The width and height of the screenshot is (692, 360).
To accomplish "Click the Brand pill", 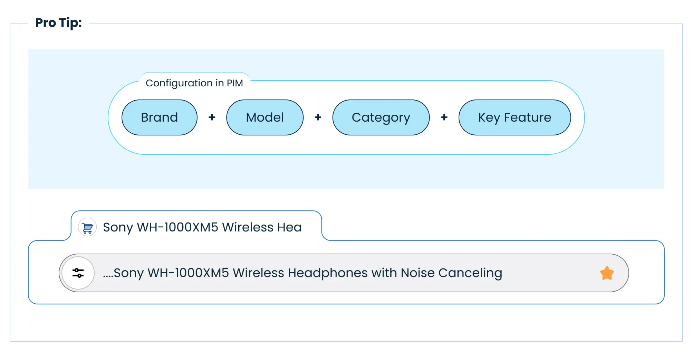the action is click(x=160, y=117).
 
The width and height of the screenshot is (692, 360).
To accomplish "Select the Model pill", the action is click(x=265, y=117).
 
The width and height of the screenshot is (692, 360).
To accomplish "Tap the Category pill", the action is click(x=381, y=117).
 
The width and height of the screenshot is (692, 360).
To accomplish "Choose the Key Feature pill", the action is click(x=515, y=117).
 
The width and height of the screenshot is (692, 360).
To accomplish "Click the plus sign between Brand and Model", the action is click(x=212, y=117).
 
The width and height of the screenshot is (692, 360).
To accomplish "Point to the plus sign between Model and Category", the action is click(x=318, y=117).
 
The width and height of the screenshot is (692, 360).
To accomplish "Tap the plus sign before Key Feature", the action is click(x=444, y=117).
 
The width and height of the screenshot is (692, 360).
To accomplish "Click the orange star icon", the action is click(x=607, y=273).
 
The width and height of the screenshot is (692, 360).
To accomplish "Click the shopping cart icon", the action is click(x=87, y=227).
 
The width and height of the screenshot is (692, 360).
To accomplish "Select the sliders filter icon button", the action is click(x=78, y=273).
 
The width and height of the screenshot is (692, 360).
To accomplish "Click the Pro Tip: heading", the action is click(x=59, y=23).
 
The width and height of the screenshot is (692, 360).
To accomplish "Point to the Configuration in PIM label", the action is click(x=194, y=83).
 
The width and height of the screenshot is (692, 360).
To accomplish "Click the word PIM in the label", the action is click(x=235, y=83).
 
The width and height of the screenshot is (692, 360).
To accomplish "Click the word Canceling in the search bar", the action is click(x=470, y=273).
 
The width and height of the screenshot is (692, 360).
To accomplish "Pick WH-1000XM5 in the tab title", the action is click(x=177, y=227).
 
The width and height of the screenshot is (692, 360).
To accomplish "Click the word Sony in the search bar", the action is click(x=128, y=273).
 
